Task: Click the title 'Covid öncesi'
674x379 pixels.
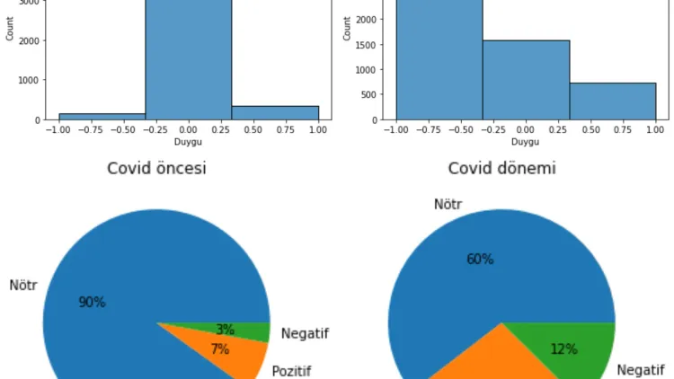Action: [x=156, y=168]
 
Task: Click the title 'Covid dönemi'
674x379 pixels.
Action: [x=501, y=168]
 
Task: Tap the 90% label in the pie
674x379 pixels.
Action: [x=92, y=303]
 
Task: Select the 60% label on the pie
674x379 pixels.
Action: [x=480, y=260]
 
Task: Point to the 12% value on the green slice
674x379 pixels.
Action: [x=563, y=349]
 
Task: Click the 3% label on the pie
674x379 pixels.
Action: [x=225, y=330]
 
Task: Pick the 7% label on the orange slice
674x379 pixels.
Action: [x=220, y=349]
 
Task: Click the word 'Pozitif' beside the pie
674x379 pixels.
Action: [x=291, y=370]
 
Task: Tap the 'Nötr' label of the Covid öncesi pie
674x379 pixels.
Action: [x=23, y=286]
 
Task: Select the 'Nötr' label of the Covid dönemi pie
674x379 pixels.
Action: [x=448, y=204]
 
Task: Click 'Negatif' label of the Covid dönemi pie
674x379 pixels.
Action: [x=641, y=369]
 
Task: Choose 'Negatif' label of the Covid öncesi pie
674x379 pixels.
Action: [x=305, y=333]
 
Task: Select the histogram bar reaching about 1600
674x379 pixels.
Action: [x=526, y=80]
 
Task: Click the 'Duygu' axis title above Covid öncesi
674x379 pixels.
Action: [x=188, y=142]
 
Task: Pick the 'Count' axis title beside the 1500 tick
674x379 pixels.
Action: [x=347, y=30]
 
